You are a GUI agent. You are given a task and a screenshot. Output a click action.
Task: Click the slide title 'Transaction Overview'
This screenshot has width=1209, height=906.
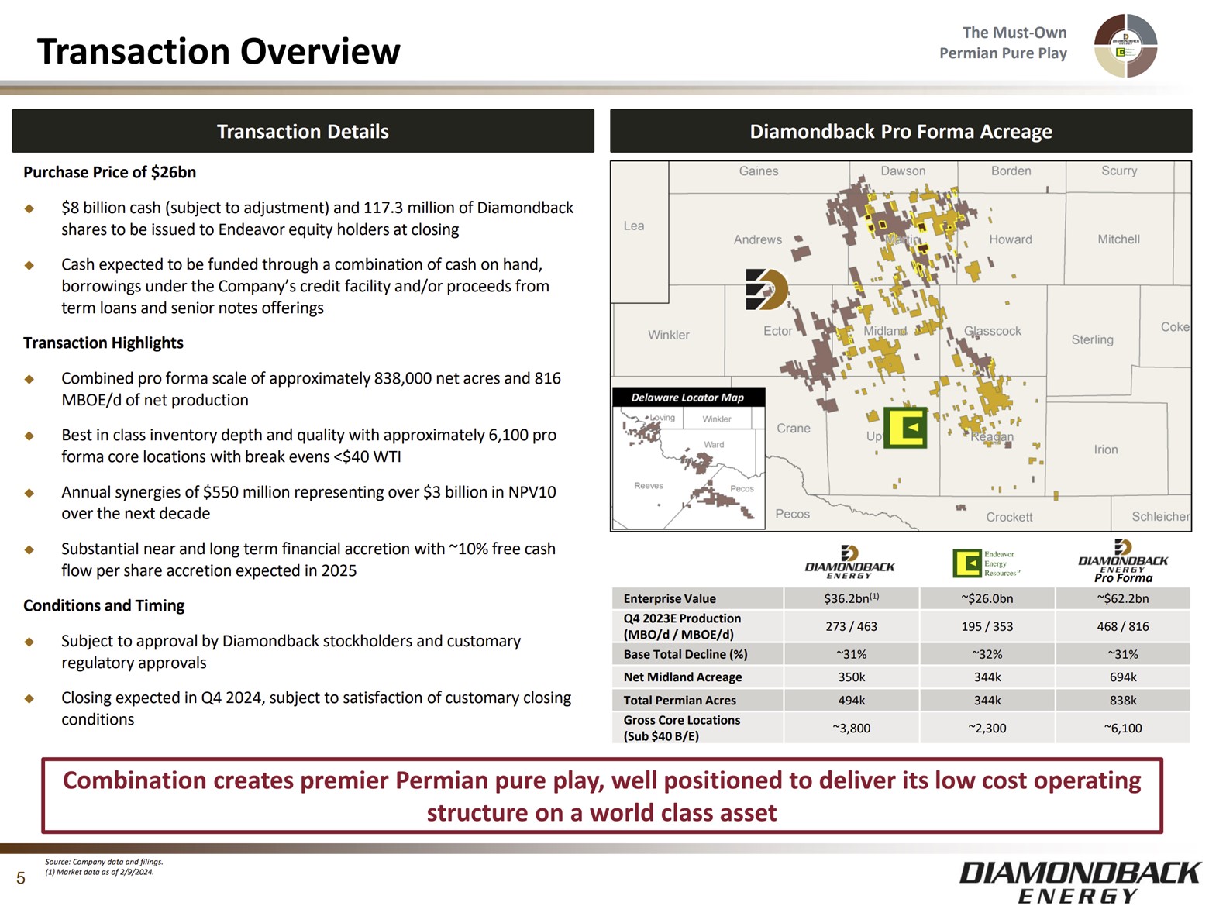[x=219, y=52]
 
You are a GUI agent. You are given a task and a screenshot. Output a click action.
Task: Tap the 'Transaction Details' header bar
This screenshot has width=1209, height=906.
[x=302, y=131]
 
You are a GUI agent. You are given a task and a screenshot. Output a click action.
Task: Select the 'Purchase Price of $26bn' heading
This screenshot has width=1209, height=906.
[x=109, y=172]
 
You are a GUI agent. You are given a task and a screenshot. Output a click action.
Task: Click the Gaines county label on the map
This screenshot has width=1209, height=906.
[x=758, y=171]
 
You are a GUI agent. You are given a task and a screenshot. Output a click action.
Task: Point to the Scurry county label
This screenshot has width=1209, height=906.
[x=1118, y=171]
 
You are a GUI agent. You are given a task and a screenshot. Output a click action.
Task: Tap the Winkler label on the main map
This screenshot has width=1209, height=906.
[x=668, y=335]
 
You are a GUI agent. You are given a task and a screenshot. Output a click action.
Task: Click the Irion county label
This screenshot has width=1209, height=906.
[x=1105, y=450]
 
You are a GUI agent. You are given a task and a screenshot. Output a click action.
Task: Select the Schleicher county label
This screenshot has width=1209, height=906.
[x=1159, y=516]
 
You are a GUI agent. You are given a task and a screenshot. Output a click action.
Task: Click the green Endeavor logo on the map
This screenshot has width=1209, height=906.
[x=905, y=427]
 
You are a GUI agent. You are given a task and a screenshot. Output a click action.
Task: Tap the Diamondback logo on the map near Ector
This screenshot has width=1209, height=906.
[x=766, y=290]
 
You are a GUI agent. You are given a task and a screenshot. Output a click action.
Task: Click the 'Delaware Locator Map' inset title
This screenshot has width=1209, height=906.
[x=687, y=398]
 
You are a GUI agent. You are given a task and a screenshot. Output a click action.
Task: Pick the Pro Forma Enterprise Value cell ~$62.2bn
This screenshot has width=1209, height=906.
[x=1122, y=598]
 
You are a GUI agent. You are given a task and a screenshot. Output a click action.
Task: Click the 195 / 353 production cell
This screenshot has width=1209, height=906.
[x=987, y=626]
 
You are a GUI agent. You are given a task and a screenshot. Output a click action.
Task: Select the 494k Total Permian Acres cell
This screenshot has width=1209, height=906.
[x=851, y=700]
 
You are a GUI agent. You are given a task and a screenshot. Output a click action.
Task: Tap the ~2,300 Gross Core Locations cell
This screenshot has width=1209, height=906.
[x=987, y=728]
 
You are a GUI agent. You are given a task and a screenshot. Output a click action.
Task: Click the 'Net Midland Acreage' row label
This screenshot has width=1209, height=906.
[x=682, y=677]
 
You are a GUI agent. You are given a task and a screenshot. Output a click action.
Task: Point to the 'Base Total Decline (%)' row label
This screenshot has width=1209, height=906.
[x=685, y=654]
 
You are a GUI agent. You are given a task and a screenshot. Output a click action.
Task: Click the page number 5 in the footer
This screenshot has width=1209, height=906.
[x=21, y=878]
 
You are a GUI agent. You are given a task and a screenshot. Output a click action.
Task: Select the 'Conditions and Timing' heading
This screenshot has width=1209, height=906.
[x=104, y=605]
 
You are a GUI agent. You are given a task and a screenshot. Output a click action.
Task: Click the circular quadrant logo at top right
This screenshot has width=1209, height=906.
[x=1125, y=46]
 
